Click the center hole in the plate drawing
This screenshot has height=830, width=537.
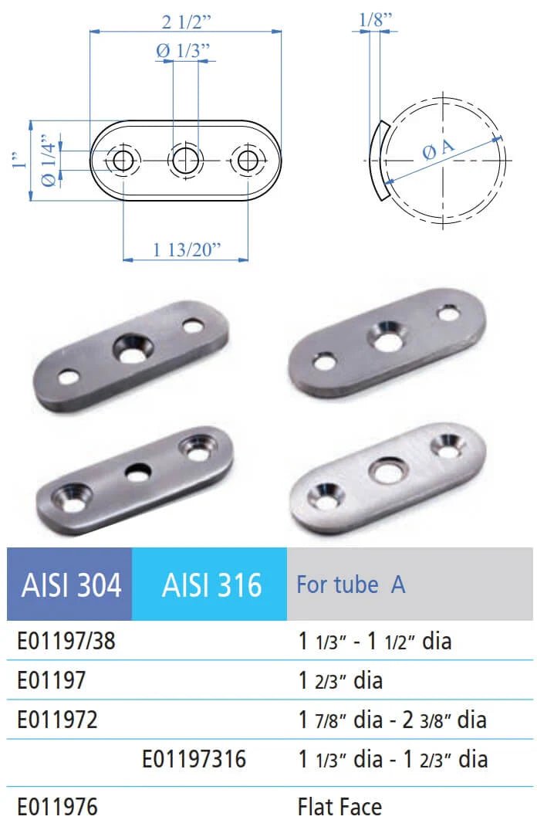[185, 161]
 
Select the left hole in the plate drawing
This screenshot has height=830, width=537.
[123, 161]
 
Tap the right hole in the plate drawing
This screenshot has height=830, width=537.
[248, 161]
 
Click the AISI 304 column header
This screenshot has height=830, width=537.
[69, 585]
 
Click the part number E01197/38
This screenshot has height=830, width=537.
[66, 641]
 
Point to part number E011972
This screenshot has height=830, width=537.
[57, 720]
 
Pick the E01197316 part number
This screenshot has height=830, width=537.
[194, 759]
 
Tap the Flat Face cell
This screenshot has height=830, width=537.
[339, 808]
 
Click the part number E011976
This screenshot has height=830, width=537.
[57, 808]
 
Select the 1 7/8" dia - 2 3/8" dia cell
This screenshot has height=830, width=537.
[392, 720]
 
